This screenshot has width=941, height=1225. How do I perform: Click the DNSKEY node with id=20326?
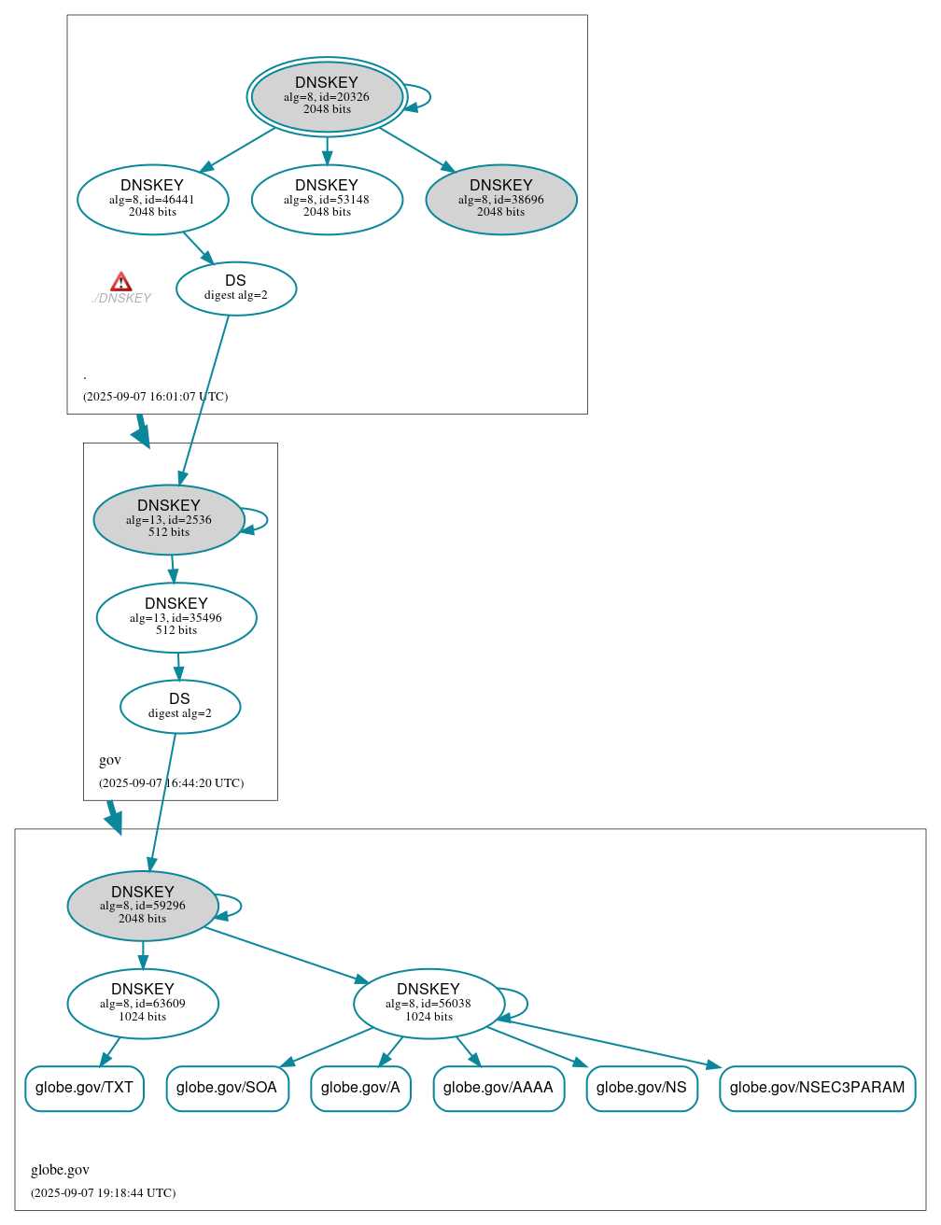point(327,96)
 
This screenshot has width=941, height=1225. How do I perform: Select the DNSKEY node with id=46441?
point(152,199)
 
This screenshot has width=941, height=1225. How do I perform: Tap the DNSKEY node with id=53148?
point(327,199)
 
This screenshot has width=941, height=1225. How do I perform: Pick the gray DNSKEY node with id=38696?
point(501,199)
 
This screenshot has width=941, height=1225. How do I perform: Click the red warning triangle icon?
point(120,282)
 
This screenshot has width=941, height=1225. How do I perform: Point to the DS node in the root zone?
point(236,288)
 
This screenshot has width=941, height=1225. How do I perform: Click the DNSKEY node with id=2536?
point(169,519)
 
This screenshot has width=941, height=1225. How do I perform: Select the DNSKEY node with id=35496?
point(176,617)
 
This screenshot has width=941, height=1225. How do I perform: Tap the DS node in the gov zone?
point(180,706)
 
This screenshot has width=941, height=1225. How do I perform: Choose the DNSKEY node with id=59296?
point(143,906)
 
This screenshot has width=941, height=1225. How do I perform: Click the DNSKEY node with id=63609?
point(143,1003)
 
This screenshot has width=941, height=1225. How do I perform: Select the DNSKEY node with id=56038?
point(428,1003)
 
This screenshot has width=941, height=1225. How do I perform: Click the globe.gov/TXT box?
point(84,1088)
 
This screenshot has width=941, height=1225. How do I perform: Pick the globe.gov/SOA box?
point(227,1088)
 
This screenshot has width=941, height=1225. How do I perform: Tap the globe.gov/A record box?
point(360,1088)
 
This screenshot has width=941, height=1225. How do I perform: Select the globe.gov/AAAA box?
point(499,1088)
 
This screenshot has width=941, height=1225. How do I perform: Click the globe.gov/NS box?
point(641,1088)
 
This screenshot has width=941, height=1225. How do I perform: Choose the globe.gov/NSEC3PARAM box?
point(817,1088)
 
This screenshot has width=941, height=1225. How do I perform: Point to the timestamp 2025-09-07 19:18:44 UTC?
point(103,1192)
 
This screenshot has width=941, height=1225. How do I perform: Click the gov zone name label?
point(110,760)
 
